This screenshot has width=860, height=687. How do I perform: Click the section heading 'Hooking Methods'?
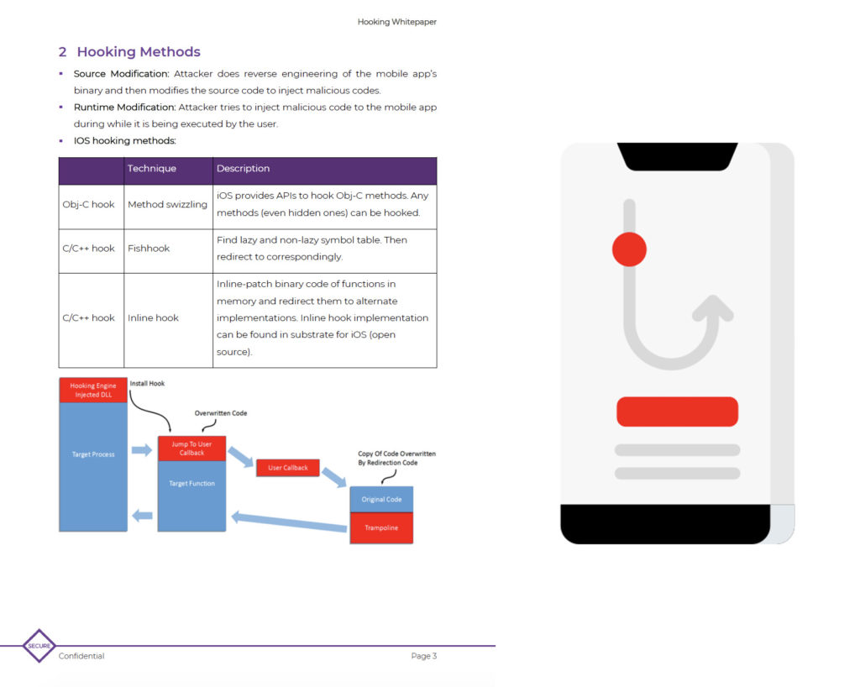[139, 52]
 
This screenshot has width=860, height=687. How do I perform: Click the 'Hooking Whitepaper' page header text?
[396, 22]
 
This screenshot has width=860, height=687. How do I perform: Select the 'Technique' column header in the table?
[152, 169]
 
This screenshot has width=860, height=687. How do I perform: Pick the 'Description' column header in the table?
[243, 169]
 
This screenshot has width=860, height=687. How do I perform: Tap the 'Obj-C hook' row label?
[88, 205]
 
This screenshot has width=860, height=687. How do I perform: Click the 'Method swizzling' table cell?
[167, 205]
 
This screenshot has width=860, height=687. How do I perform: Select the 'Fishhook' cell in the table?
[149, 249]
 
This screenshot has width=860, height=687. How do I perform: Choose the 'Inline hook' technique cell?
[153, 318]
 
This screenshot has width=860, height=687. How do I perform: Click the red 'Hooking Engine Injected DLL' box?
[93, 391]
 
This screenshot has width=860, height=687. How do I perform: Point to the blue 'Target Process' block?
[93, 466]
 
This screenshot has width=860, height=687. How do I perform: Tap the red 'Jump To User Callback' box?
[191, 448]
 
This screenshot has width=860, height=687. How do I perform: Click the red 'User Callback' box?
[287, 468]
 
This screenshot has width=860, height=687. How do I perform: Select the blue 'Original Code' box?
[381, 500]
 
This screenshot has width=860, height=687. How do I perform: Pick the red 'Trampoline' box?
[381, 528]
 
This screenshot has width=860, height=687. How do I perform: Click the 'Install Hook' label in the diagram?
[148, 384]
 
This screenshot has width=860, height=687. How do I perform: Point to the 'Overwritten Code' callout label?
[221, 413]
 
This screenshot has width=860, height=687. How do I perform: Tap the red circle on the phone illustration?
[629, 249]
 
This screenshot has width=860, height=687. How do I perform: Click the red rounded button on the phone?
[677, 412]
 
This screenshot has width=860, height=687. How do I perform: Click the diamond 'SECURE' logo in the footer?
[39, 646]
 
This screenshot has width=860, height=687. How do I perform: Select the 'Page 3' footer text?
[423, 656]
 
